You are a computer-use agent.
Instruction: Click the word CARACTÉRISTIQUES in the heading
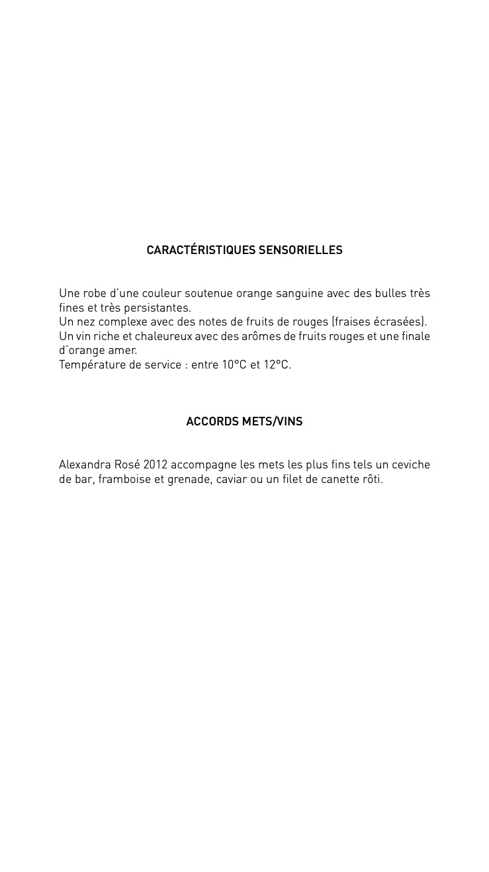pyautogui.click(x=200, y=250)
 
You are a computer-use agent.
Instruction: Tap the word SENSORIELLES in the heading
pyautogui.click(x=300, y=250)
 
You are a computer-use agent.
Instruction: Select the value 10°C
pyautogui.click(x=234, y=365)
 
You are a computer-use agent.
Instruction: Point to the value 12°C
pyautogui.click(x=277, y=365)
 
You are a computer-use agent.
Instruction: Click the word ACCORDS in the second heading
pyautogui.click(x=212, y=421)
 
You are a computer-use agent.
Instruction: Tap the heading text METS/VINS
pyautogui.click(x=272, y=421)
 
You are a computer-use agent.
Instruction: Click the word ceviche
pyautogui.click(x=411, y=464)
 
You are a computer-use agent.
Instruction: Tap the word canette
pyautogui.click(x=340, y=479)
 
